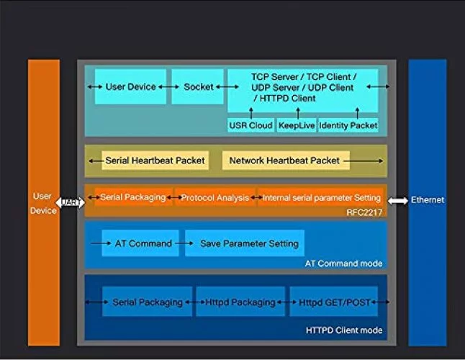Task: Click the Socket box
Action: click(x=198, y=87)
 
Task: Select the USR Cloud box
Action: click(x=250, y=125)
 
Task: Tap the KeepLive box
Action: click(x=296, y=125)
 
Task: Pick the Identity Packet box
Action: click(x=348, y=125)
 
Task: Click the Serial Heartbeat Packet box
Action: click(x=155, y=161)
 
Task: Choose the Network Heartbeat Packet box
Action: click(x=285, y=161)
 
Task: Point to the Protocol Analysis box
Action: click(x=215, y=197)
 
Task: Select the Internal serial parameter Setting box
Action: click(x=321, y=197)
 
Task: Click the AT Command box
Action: click(x=143, y=243)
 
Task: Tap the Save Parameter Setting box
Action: click(x=245, y=243)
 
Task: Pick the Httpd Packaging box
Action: click(x=240, y=302)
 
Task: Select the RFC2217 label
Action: click(x=364, y=212)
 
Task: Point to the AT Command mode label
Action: click(x=343, y=264)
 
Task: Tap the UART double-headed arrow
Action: click(x=71, y=202)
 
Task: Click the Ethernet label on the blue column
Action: click(x=428, y=200)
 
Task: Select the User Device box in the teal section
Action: click(x=130, y=87)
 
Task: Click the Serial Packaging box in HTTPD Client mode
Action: click(x=148, y=302)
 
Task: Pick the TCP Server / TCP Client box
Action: click(x=303, y=86)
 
